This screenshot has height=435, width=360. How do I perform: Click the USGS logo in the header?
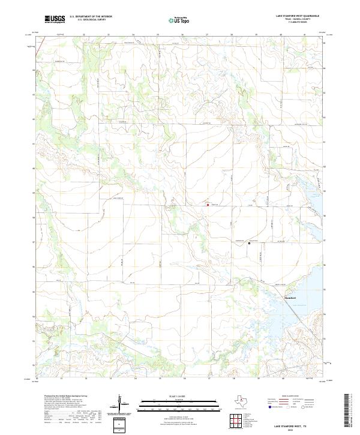(x=55, y=19)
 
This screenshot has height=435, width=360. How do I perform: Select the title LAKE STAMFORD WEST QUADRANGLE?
(x=299, y=16)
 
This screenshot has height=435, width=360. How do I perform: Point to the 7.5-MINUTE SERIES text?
(x=299, y=24)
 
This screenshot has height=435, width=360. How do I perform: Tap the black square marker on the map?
(x=250, y=243)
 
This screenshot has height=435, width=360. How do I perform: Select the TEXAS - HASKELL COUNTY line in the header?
(x=299, y=19)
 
